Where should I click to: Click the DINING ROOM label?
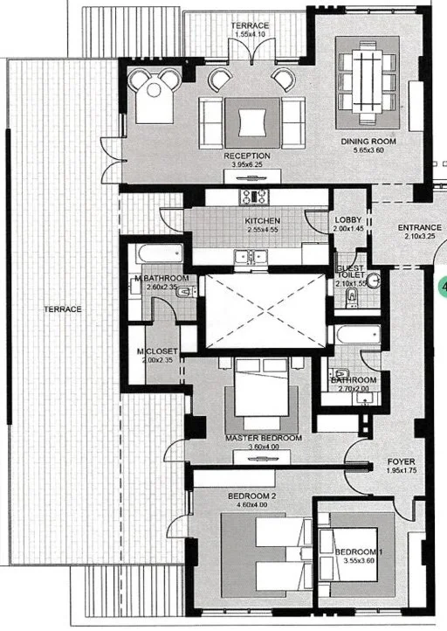click(368, 142)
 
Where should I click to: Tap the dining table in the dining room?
click(368, 81)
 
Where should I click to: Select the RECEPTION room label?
click(247, 156)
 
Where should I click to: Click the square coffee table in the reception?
click(252, 122)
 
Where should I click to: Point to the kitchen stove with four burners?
click(254, 197)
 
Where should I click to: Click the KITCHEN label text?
click(263, 221)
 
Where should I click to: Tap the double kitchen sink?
click(251, 256)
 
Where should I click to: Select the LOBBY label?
click(348, 220)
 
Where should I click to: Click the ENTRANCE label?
click(419, 228)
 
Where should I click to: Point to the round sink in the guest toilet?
click(375, 280)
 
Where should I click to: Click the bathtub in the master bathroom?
click(160, 253)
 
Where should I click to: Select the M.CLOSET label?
click(157, 351)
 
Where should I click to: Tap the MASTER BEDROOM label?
click(264, 438)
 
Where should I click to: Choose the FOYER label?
click(401, 461)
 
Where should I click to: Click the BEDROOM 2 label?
click(251, 496)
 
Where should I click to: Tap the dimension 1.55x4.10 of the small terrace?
click(250, 34)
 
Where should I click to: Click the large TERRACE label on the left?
click(63, 309)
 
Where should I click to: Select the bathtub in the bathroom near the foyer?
click(357, 335)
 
